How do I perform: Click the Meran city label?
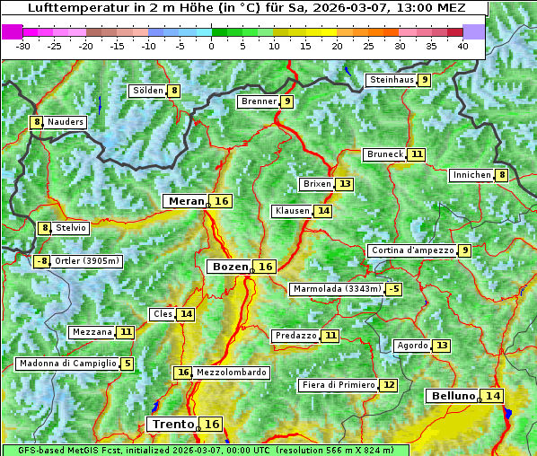[x=187, y=201]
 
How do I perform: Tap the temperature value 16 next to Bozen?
[x=266, y=267]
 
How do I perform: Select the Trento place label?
[x=172, y=424]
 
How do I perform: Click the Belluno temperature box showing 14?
[x=493, y=396]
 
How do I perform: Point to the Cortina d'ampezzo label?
[x=411, y=250]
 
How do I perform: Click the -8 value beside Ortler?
[x=41, y=261]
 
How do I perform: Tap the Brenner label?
[x=259, y=101]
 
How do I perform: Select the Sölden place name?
[x=147, y=91]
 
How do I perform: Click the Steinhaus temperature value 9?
[x=424, y=80]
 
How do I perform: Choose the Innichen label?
[x=471, y=175]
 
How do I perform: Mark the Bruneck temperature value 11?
[x=417, y=154]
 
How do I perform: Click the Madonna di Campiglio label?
[x=67, y=364]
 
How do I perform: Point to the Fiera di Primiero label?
[x=338, y=385]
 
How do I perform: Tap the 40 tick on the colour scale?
[x=462, y=45]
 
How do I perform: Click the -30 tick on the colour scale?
[x=23, y=45]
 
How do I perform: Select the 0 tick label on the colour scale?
[x=211, y=45]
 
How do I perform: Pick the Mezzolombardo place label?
[x=231, y=373]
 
